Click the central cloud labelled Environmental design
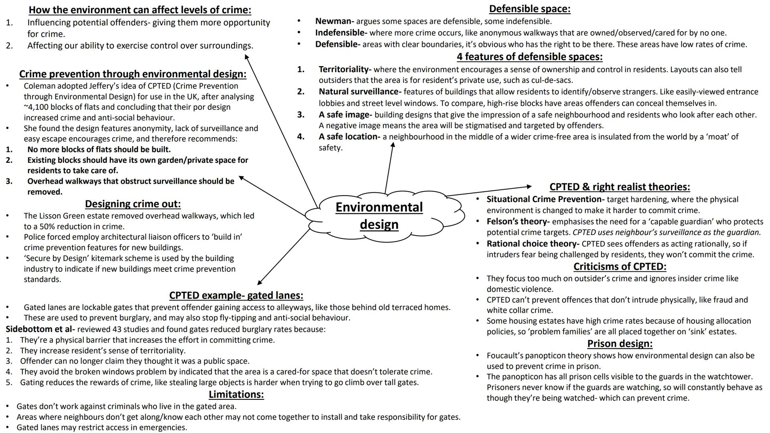click(379, 216)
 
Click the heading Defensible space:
click(529, 9)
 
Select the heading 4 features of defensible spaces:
click(529, 57)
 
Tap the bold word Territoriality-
click(345, 69)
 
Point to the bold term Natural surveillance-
click(360, 92)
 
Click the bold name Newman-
click(334, 21)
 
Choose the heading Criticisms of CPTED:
click(620, 267)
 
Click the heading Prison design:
click(620, 344)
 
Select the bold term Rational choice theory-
click(533, 244)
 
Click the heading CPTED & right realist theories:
click(620, 187)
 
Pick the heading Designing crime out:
click(133, 204)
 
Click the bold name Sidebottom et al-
click(40, 330)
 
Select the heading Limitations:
click(236, 395)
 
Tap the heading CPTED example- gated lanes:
click(236, 295)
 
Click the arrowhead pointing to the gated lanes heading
click(259, 283)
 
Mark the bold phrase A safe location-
click(349, 137)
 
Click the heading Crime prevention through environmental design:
click(133, 74)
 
